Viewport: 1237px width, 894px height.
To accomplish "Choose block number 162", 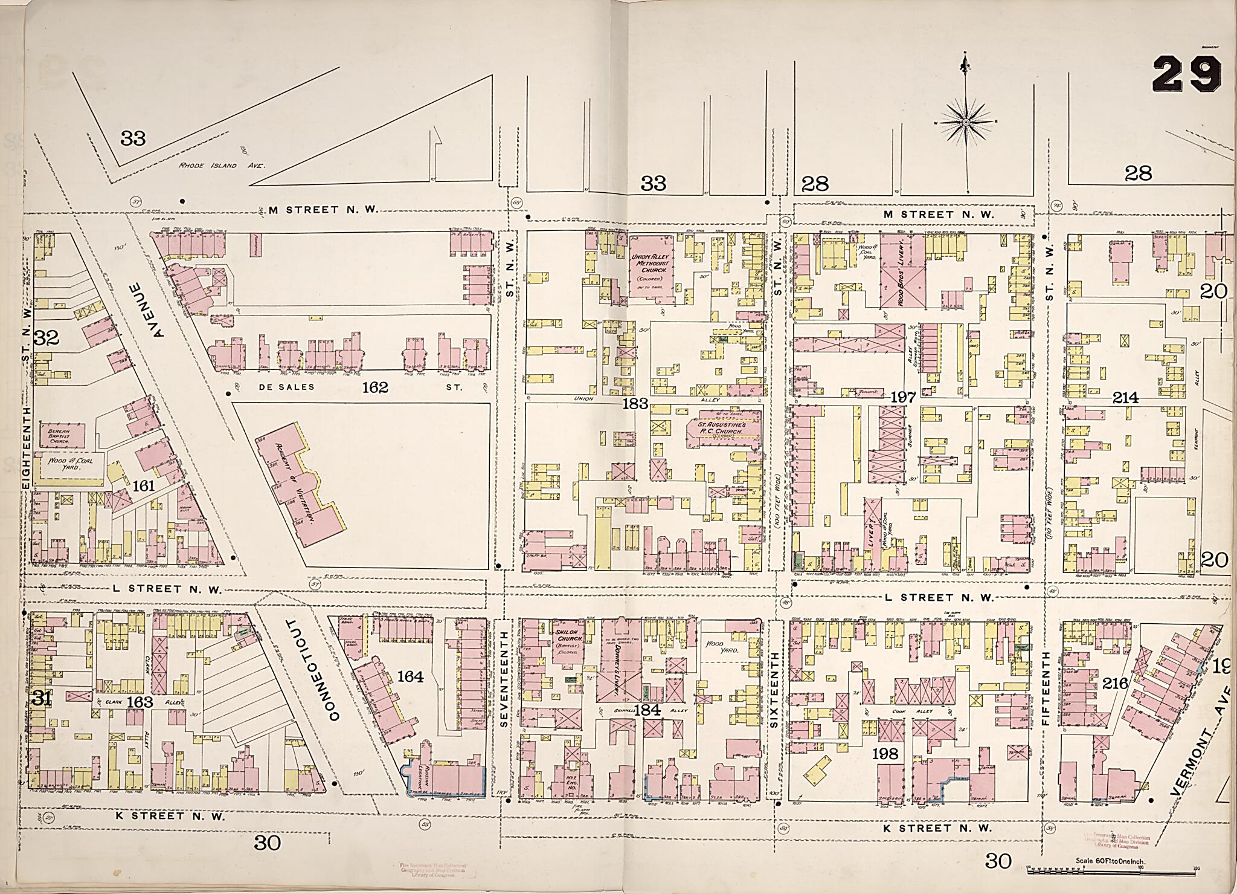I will click(x=374, y=387).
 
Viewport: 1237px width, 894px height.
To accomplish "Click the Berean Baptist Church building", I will click(x=63, y=433).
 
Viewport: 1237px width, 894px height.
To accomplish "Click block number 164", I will click(x=411, y=676).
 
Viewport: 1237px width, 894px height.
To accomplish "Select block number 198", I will click(x=885, y=754).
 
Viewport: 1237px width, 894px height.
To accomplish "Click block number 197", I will click(x=903, y=397).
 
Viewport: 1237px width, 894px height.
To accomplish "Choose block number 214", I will click(x=1125, y=398).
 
